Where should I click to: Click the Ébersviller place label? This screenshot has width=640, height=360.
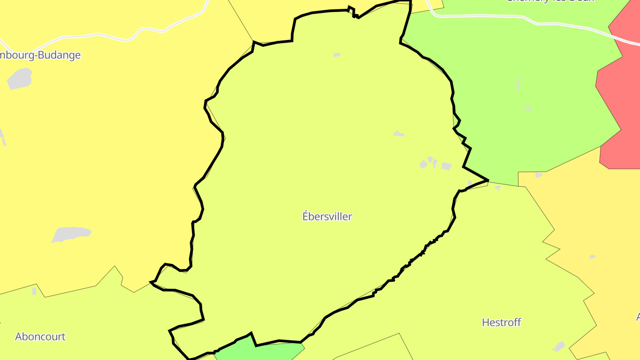[x=327, y=216]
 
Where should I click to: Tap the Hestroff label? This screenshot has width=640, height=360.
[x=501, y=322]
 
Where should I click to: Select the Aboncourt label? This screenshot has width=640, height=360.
[x=40, y=336]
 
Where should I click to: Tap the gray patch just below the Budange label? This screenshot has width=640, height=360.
[x=20, y=79]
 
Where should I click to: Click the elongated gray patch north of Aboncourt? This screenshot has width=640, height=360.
[x=71, y=234]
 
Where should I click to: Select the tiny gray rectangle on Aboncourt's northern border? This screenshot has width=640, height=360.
[x=34, y=291]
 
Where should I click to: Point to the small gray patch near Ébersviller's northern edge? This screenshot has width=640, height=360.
[x=336, y=55]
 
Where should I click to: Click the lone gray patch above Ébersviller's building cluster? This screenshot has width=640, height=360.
[x=399, y=133]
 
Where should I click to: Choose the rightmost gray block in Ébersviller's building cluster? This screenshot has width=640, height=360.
[x=446, y=166]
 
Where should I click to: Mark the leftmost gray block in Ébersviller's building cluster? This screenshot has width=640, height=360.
[x=423, y=164]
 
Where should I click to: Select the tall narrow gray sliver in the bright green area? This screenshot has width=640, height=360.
[x=518, y=84]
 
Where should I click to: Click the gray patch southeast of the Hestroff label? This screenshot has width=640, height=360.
[x=559, y=346]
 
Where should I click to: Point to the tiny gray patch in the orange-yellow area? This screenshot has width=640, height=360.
[x=592, y=257]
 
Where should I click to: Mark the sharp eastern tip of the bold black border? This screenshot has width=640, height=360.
[x=488, y=180]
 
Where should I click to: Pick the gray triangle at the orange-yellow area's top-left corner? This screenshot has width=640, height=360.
[x=539, y=175]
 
